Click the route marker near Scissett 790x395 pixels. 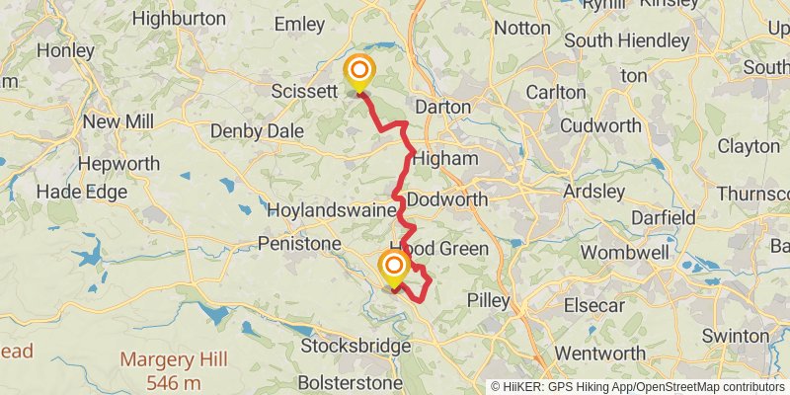point(359,72)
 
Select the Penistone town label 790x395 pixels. point(299,242)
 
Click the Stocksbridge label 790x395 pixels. point(355,347)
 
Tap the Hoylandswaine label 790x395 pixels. point(333,210)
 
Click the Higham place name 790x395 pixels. point(445,158)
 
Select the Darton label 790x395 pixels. point(442,106)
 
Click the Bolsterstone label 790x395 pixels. point(351,382)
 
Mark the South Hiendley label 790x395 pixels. point(627,41)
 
